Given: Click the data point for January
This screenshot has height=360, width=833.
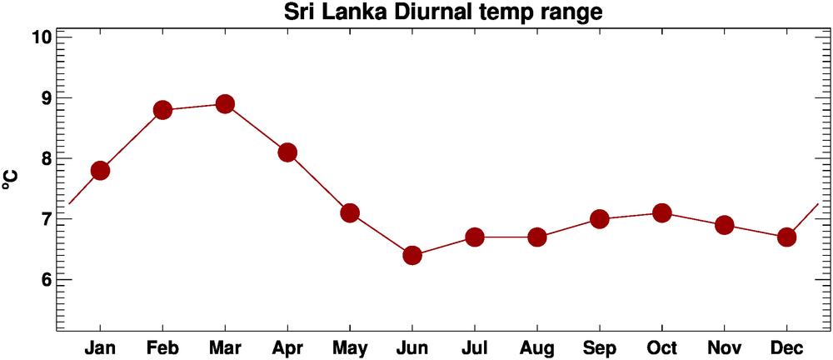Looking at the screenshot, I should (x=100, y=170).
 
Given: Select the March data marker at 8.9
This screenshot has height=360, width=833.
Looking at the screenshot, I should (x=225, y=104).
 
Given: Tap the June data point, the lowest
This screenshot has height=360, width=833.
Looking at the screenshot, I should (x=412, y=255).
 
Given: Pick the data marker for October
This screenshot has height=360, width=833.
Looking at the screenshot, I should (x=662, y=213).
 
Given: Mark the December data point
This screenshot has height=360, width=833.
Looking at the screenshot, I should (x=786, y=237).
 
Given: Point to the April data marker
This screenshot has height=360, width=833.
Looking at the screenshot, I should (x=287, y=152).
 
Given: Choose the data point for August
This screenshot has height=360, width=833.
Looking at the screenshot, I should (x=537, y=237).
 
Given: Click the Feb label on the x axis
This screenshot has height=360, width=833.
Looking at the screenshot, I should (x=162, y=347).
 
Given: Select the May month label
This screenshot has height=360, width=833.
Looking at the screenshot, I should (x=350, y=347).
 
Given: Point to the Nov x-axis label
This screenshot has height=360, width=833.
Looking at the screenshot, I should (x=725, y=347).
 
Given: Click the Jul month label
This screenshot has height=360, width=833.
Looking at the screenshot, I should (x=475, y=347).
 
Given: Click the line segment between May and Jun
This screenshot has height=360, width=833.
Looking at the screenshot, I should (x=381, y=234).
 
